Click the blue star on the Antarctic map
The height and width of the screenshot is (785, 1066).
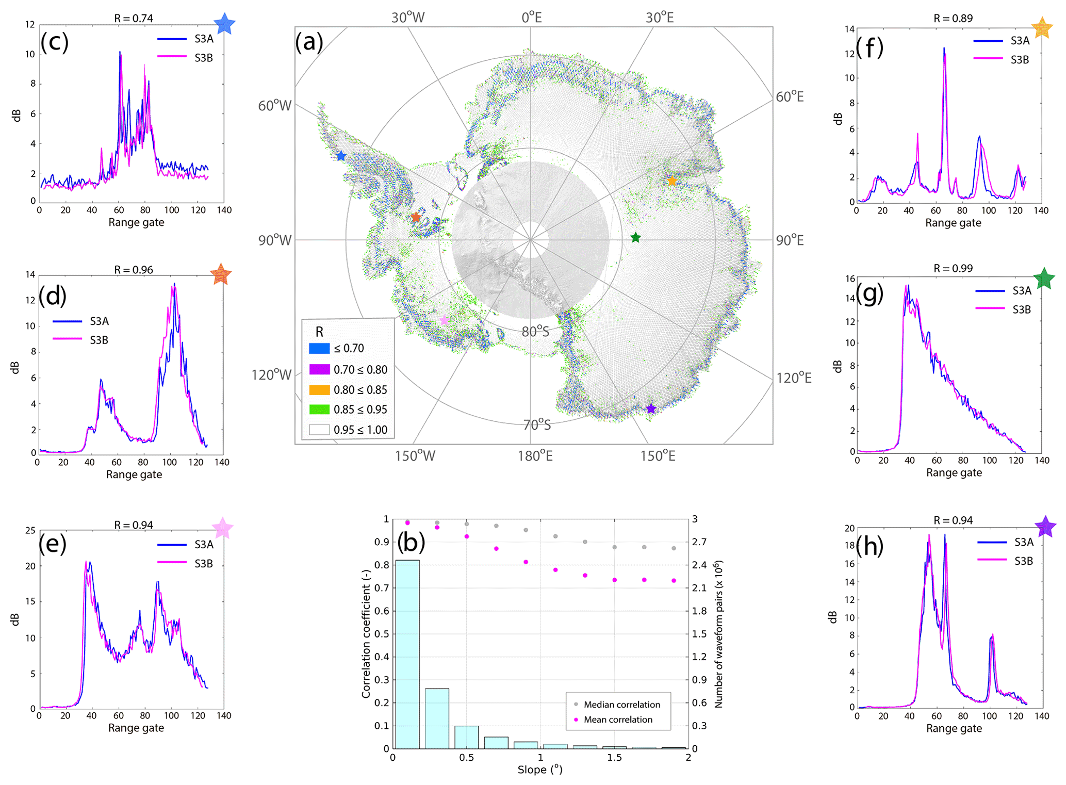click(x=341, y=156)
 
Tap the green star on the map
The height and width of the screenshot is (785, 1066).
click(x=635, y=237)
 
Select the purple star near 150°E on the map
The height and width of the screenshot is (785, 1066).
click(x=651, y=408)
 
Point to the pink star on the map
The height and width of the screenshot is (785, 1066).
click(x=444, y=320)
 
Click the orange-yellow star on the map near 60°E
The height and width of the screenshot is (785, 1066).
click(x=672, y=181)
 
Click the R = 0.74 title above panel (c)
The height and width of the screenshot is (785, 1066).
click(x=134, y=18)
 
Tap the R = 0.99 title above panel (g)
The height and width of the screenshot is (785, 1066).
click(x=953, y=268)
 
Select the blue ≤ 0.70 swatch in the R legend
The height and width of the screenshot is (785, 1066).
click(x=319, y=348)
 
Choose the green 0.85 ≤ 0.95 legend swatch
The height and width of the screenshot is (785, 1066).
click(x=319, y=410)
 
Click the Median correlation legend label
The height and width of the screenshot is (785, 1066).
click(x=621, y=705)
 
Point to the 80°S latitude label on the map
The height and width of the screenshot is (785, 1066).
click(x=535, y=332)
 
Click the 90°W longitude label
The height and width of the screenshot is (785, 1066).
click(x=274, y=240)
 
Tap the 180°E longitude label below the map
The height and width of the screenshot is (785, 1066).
click(x=535, y=456)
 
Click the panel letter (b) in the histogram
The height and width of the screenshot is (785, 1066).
click(x=411, y=542)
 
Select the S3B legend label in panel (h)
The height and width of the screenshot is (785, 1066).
click(x=1023, y=561)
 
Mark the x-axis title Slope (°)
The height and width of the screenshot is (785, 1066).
click(x=539, y=770)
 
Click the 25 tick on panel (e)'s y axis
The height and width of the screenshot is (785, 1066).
click(x=30, y=530)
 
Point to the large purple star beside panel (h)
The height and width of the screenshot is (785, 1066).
click(x=1045, y=527)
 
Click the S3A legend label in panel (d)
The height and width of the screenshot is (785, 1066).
click(x=99, y=321)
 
